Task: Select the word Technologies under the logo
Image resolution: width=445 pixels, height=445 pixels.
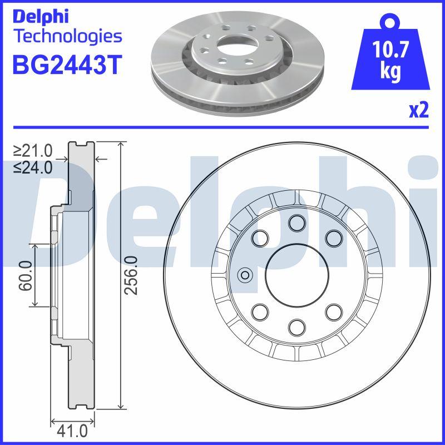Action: coord(67,37)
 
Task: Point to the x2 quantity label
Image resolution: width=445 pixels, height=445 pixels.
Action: coord(418,111)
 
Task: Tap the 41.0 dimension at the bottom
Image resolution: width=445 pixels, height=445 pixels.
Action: coord(73,430)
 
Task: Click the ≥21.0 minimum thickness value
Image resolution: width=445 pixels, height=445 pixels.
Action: coord(33,150)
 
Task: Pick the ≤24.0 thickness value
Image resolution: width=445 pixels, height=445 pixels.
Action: coord(33,166)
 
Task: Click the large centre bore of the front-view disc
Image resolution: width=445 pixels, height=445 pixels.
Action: coord(296,275)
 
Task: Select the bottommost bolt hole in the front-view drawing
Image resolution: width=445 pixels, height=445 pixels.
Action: coord(296,327)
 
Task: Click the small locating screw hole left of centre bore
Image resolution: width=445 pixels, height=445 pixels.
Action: coord(244,275)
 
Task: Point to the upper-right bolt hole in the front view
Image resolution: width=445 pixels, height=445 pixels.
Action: coord(334,238)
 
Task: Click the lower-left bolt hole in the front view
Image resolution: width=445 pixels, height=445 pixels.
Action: coord(260,311)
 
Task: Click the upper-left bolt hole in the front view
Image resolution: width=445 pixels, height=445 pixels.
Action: coord(260,238)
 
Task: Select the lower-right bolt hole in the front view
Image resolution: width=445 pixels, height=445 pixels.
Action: coord(334,311)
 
